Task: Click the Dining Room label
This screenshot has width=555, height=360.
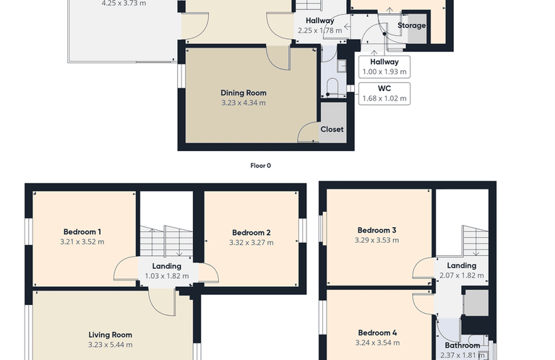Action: click(x=244, y=93)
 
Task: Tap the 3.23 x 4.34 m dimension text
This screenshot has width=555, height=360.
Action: click(x=244, y=103)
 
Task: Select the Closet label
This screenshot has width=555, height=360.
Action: click(x=332, y=129)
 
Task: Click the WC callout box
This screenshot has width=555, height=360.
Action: click(x=384, y=93)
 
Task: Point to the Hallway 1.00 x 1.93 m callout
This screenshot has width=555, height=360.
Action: click(x=384, y=67)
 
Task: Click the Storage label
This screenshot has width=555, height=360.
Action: click(x=412, y=25)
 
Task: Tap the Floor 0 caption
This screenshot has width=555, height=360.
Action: click(x=260, y=166)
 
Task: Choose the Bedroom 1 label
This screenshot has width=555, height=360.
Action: click(x=82, y=232)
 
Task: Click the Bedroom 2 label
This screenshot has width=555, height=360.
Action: click(x=251, y=233)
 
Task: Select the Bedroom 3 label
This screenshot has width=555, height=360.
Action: click(x=377, y=230)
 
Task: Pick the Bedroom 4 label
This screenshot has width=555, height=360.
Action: click(x=377, y=333)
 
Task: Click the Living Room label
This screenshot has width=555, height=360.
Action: click(x=111, y=335)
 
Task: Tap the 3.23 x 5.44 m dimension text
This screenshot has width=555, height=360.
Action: click(x=111, y=345)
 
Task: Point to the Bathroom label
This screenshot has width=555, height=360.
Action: click(x=462, y=345)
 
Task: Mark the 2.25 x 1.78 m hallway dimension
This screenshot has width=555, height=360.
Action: click(x=320, y=30)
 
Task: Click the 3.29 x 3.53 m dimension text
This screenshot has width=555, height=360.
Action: click(x=377, y=240)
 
